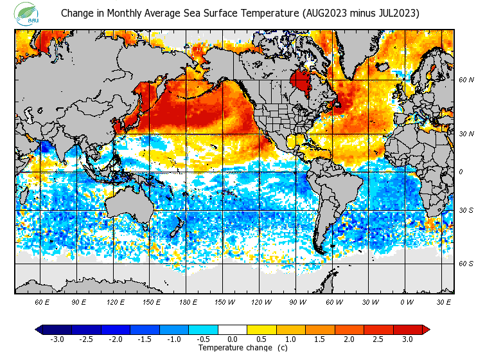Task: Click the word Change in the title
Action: (76, 13)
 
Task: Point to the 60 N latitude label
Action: (466, 80)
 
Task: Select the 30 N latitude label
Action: (466, 134)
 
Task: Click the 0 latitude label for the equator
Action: (461, 172)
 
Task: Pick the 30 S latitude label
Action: (466, 210)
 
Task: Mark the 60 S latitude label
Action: (466, 264)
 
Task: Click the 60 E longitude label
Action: (42, 301)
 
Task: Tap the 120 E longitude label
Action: (116, 301)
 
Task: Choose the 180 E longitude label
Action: (188, 301)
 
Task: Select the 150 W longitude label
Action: (225, 301)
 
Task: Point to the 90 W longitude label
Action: (297, 301)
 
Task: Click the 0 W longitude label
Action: (407, 301)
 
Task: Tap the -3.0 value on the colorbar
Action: (57, 339)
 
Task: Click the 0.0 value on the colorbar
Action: (233, 339)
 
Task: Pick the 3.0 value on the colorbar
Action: (407, 339)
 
